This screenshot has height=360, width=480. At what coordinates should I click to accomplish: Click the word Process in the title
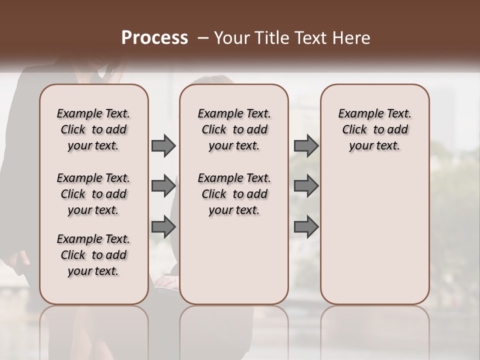tap(154, 38)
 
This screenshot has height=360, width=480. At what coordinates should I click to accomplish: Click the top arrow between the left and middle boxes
tap(163, 145)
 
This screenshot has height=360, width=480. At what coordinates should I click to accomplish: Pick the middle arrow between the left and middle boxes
tap(163, 186)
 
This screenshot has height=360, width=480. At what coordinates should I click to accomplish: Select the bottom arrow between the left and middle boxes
tap(163, 226)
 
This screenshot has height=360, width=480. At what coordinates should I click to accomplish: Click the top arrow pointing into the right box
tap(306, 145)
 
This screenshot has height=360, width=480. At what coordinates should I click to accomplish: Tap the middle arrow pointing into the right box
tap(306, 186)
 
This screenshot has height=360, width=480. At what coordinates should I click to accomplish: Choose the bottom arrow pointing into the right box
tap(306, 226)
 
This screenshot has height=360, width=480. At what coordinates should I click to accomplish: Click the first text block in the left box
tap(93, 129)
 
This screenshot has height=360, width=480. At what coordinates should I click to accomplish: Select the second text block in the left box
tap(93, 194)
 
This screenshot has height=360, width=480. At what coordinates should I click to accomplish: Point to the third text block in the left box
tap(93, 255)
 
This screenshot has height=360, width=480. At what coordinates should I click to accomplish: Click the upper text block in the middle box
tap(234, 129)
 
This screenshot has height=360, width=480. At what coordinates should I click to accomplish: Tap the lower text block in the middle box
tap(234, 194)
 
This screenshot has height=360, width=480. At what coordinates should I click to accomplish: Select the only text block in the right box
tap(374, 129)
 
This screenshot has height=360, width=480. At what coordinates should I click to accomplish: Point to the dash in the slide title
tap(203, 38)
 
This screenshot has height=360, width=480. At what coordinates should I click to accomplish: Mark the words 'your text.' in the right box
tap(374, 146)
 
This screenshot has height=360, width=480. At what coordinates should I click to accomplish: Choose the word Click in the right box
tap(354, 130)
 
